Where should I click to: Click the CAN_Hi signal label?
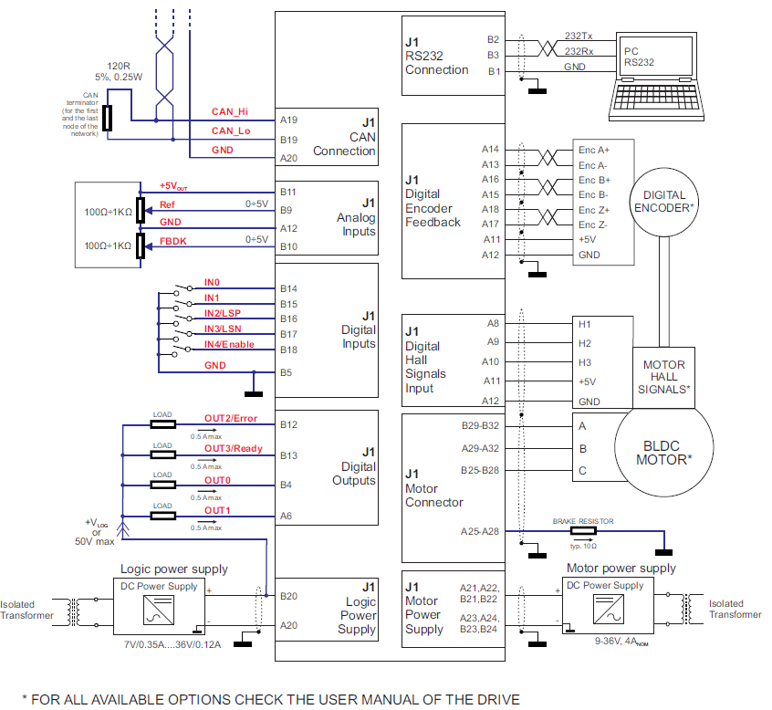[x=230, y=111]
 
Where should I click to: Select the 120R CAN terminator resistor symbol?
[x=109, y=118]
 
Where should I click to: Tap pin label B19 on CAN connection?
[x=289, y=140]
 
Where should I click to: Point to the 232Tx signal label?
[x=579, y=35]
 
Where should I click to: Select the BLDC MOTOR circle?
[x=663, y=453]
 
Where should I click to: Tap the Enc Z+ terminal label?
[x=594, y=210]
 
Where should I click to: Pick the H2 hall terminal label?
[x=585, y=343]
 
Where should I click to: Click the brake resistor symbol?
[x=582, y=530]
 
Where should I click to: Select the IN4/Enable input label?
[x=229, y=344]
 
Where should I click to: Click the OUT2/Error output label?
[x=231, y=419]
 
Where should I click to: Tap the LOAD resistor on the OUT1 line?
[x=162, y=516]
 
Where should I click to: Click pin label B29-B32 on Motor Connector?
[x=481, y=425]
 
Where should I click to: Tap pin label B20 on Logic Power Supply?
[x=289, y=596]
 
